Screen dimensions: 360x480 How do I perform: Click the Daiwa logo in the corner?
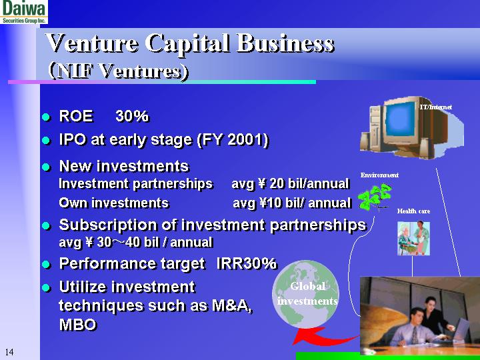point(24,12)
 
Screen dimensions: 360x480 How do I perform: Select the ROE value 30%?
point(132,117)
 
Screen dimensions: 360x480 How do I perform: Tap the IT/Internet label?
point(436,107)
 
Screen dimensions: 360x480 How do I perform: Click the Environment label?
point(379,175)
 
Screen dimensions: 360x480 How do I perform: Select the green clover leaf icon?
point(375,197)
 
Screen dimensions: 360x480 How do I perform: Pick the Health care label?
point(413,211)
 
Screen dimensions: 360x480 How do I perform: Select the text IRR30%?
point(246,264)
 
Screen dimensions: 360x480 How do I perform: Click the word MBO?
point(78,325)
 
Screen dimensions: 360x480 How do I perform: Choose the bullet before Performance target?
point(47,265)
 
